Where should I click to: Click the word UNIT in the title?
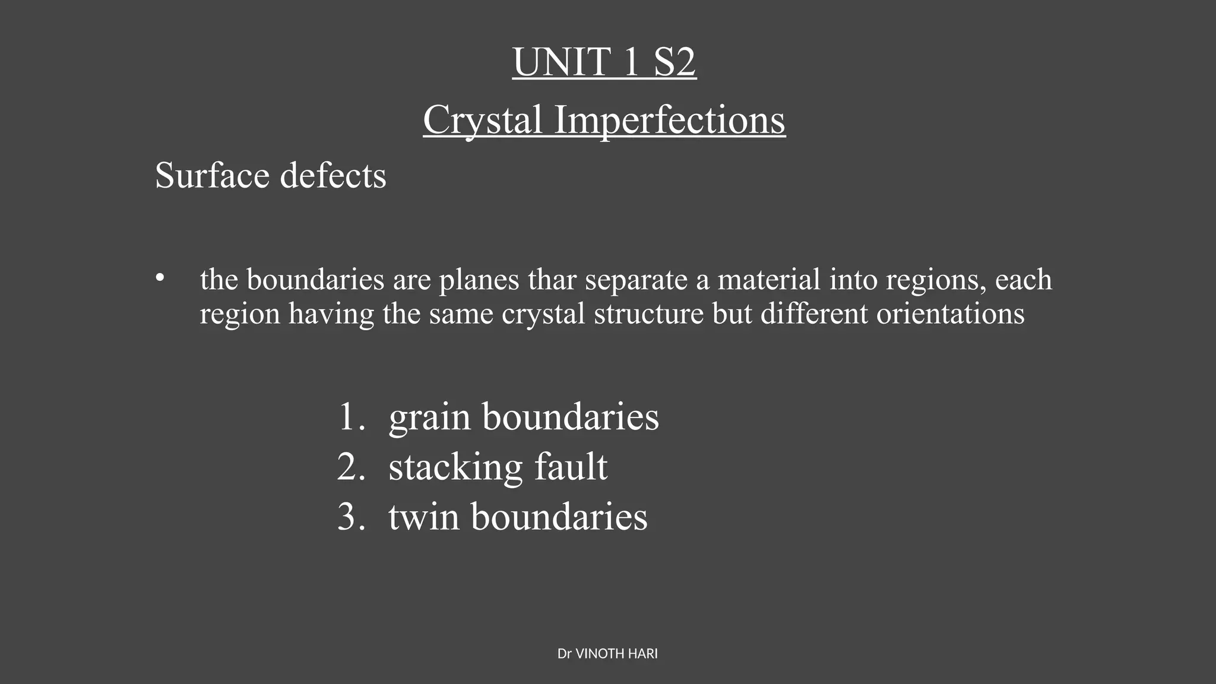(562, 62)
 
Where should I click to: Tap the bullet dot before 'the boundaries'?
(159, 278)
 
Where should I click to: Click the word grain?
(430, 417)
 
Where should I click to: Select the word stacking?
(455, 467)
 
